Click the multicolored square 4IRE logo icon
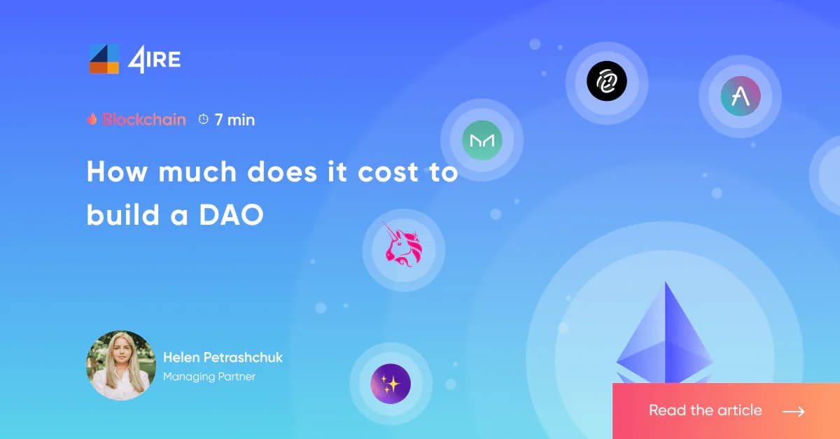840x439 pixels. tap(104, 59)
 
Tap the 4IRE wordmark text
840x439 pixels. tap(154, 60)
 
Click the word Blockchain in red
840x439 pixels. tap(144, 120)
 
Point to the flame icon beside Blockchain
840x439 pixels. tap(92, 119)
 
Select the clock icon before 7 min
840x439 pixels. tap(203, 119)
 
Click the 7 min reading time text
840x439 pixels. tap(234, 120)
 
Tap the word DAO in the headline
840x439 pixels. tap(231, 215)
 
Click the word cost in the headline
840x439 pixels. tap(388, 172)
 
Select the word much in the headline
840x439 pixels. tap(197, 172)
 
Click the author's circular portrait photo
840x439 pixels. tap(121, 365)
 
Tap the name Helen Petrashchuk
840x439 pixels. tap(223, 357)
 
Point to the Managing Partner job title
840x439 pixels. tap(209, 377)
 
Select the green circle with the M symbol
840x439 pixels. tap(482, 140)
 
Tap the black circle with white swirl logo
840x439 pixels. tap(607, 81)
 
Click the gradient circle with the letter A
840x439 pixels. tap(741, 96)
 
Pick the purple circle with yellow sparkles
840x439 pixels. tap(391, 384)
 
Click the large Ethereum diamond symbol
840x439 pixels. tap(665, 334)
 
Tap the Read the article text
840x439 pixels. tap(706, 410)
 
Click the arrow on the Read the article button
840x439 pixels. tap(794, 411)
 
